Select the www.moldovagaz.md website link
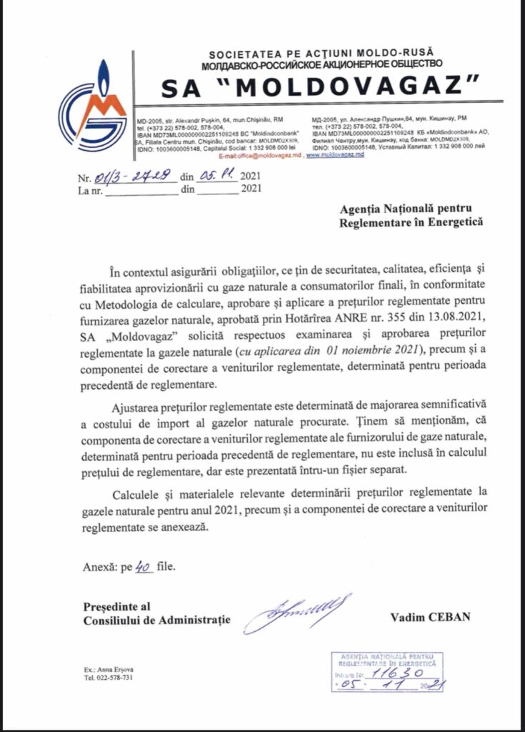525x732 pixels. pyautogui.click(x=335, y=154)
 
